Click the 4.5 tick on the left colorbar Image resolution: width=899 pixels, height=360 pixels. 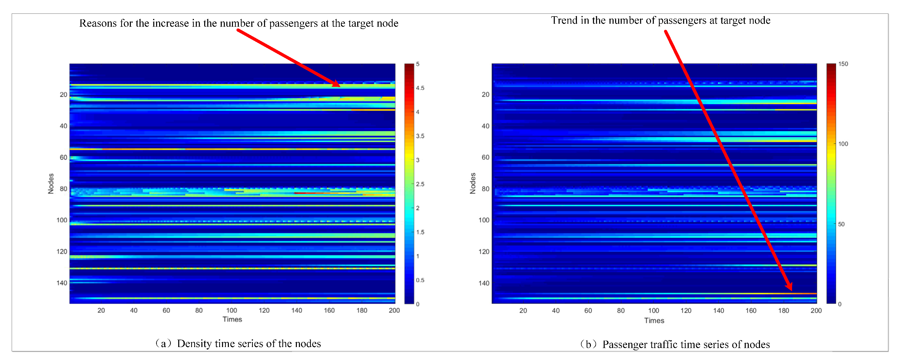[420, 88]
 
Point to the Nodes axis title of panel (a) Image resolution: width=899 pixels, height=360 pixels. [51, 184]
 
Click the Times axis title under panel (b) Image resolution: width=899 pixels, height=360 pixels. [654, 320]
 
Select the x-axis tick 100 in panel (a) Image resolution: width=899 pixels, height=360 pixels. [231, 310]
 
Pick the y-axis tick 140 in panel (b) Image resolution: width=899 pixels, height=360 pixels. [484, 283]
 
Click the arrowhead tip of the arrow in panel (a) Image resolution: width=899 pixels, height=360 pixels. [339, 86]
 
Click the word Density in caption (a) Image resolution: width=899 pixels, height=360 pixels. [194, 344]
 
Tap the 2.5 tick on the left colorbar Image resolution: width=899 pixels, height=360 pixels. [420, 184]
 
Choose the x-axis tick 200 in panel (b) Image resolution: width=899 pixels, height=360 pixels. [816, 310]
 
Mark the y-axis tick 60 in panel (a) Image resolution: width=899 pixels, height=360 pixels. [63, 157]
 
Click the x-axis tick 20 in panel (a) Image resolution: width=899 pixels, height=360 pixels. [101, 310]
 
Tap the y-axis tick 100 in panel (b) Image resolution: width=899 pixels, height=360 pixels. [484, 220]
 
